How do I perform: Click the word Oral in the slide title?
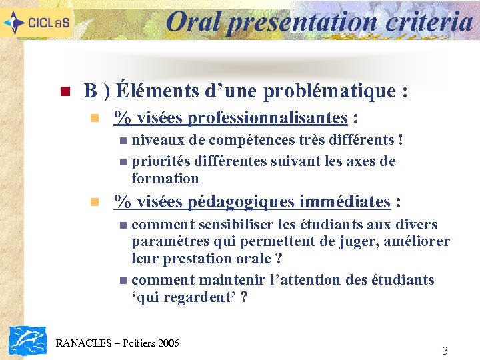(x=194, y=22)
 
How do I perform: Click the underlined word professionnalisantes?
(x=267, y=118)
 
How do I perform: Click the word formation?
(x=165, y=178)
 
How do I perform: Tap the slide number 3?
(x=445, y=351)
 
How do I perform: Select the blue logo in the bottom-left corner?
(x=27, y=340)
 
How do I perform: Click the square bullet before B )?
(x=65, y=91)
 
